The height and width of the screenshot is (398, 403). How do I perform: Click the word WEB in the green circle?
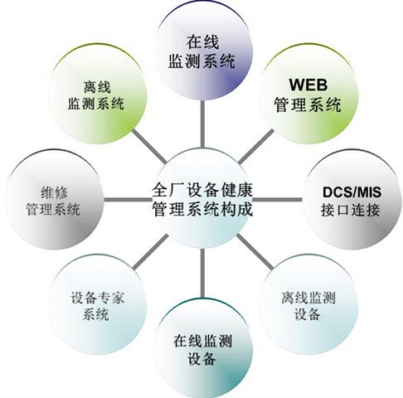pos(308,85)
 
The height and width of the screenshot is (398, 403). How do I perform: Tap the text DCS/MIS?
pos(352,192)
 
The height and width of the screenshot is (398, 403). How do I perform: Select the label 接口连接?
pos(350,210)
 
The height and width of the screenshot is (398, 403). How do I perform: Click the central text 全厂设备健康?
pos(202,190)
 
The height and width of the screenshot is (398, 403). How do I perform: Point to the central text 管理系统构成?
pos(202,209)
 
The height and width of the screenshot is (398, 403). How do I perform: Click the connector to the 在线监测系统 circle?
pos(202,124)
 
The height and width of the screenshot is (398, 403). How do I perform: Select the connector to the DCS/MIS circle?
pos(277,199)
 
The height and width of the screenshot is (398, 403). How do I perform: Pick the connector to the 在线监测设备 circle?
pos(202,273)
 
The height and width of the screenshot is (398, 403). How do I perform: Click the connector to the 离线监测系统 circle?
pos(149,146)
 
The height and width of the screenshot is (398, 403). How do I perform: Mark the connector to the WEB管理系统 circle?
pos(255,146)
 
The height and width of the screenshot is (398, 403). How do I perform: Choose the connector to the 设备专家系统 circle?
pos(151,251)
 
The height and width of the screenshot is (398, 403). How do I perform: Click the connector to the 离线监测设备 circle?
pos(255,251)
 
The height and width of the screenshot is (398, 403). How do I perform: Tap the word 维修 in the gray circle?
pos(54,192)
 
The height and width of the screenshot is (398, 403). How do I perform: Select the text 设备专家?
pos(97,298)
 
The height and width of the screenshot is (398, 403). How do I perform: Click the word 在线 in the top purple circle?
pos(202,42)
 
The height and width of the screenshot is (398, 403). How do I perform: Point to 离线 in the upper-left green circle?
pos(97,87)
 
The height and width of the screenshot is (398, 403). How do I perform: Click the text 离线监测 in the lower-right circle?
pos(308,298)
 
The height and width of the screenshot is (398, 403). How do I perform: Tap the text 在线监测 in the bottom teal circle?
pos(202,341)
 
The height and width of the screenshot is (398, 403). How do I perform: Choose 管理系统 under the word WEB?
pos(308,105)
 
